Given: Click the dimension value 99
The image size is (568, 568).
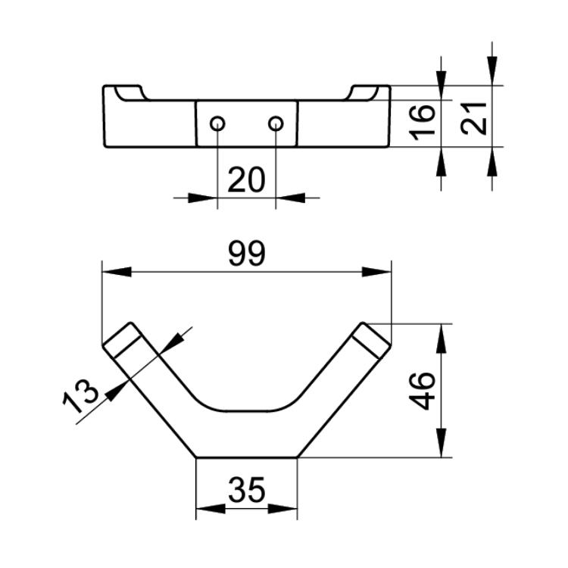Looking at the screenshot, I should coord(247,254).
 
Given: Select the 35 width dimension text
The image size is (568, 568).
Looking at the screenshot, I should coord(247,490).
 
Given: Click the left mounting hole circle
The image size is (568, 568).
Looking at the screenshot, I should coord(217,123).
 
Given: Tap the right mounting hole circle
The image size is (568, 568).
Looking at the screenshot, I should coord(276,123).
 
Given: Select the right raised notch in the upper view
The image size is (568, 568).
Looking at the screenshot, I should coord(364,92).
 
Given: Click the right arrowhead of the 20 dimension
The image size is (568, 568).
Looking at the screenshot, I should coord(292,198).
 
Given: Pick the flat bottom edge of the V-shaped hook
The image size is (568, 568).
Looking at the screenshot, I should coord(247,457).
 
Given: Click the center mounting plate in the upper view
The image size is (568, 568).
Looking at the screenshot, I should coord(247,123).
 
